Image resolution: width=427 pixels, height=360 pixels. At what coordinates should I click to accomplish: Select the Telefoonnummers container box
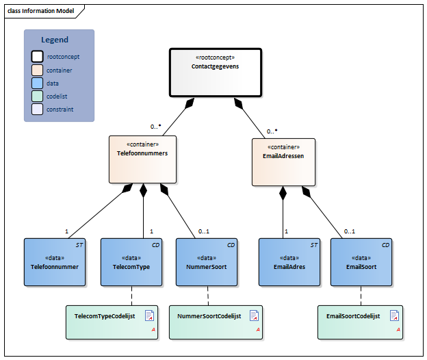click(x=142, y=159)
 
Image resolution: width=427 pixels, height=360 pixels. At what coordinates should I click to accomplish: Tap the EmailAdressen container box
click(x=283, y=162)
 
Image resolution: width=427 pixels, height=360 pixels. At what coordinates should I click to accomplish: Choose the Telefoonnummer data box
click(x=55, y=262)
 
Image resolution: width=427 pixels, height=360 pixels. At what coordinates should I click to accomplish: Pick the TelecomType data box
click(x=131, y=262)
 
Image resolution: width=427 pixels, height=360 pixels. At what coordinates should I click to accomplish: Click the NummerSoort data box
click(x=207, y=262)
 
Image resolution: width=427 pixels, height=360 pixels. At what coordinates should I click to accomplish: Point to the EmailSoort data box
click(x=361, y=262)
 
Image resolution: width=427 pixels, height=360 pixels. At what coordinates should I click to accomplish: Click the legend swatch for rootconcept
click(x=37, y=57)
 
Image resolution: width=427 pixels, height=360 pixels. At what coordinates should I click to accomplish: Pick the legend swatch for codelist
click(x=37, y=96)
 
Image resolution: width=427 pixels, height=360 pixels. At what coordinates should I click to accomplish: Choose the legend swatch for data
click(x=37, y=83)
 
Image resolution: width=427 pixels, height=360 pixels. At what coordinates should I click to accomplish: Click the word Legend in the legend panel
click(x=55, y=40)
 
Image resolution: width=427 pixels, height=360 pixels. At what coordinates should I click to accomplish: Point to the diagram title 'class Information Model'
click(x=40, y=11)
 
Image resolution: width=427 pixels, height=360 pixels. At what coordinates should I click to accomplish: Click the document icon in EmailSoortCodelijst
click(x=394, y=316)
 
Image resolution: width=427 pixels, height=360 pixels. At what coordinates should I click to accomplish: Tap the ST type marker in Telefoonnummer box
click(x=79, y=244)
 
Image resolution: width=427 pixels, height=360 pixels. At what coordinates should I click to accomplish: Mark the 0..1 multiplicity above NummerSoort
click(x=203, y=231)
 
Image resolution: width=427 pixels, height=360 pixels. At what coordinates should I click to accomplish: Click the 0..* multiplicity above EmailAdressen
click(x=272, y=131)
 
